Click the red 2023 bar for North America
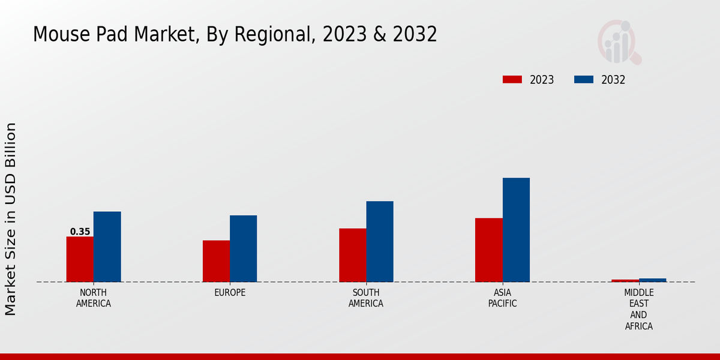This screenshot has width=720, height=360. click(x=80, y=259)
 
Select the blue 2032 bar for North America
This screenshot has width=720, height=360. click(x=107, y=247)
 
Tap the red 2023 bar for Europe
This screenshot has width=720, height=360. click(x=216, y=261)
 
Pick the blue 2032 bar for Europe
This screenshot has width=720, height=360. click(x=243, y=248)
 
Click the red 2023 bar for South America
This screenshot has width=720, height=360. click(x=352, y=255)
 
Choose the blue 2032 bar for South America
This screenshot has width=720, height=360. click(x=380, y=241)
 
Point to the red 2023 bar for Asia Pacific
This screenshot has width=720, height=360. click(x=488, y=250)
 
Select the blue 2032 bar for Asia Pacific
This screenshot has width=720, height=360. click(x=516, y=230)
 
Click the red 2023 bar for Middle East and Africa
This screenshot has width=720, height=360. click(x=625, y=280)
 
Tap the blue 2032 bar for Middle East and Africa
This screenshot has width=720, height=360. click(x=652, y=280)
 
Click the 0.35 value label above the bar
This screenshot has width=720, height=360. click(x=80, y=232)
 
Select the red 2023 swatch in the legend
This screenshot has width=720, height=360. click(x=512, y=80)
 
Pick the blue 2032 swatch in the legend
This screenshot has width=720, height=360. click(x=584, y=80)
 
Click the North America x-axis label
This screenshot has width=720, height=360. click(x=94, y=298)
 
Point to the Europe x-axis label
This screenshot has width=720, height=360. click(x=230, y=293)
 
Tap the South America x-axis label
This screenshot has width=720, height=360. click(x=366, y=298)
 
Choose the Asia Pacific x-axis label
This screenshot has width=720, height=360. click(x=502, y=298)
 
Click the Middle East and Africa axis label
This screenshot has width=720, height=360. click(x=638, y=309)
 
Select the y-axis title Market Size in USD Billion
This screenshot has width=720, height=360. click(x=11, y=219)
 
